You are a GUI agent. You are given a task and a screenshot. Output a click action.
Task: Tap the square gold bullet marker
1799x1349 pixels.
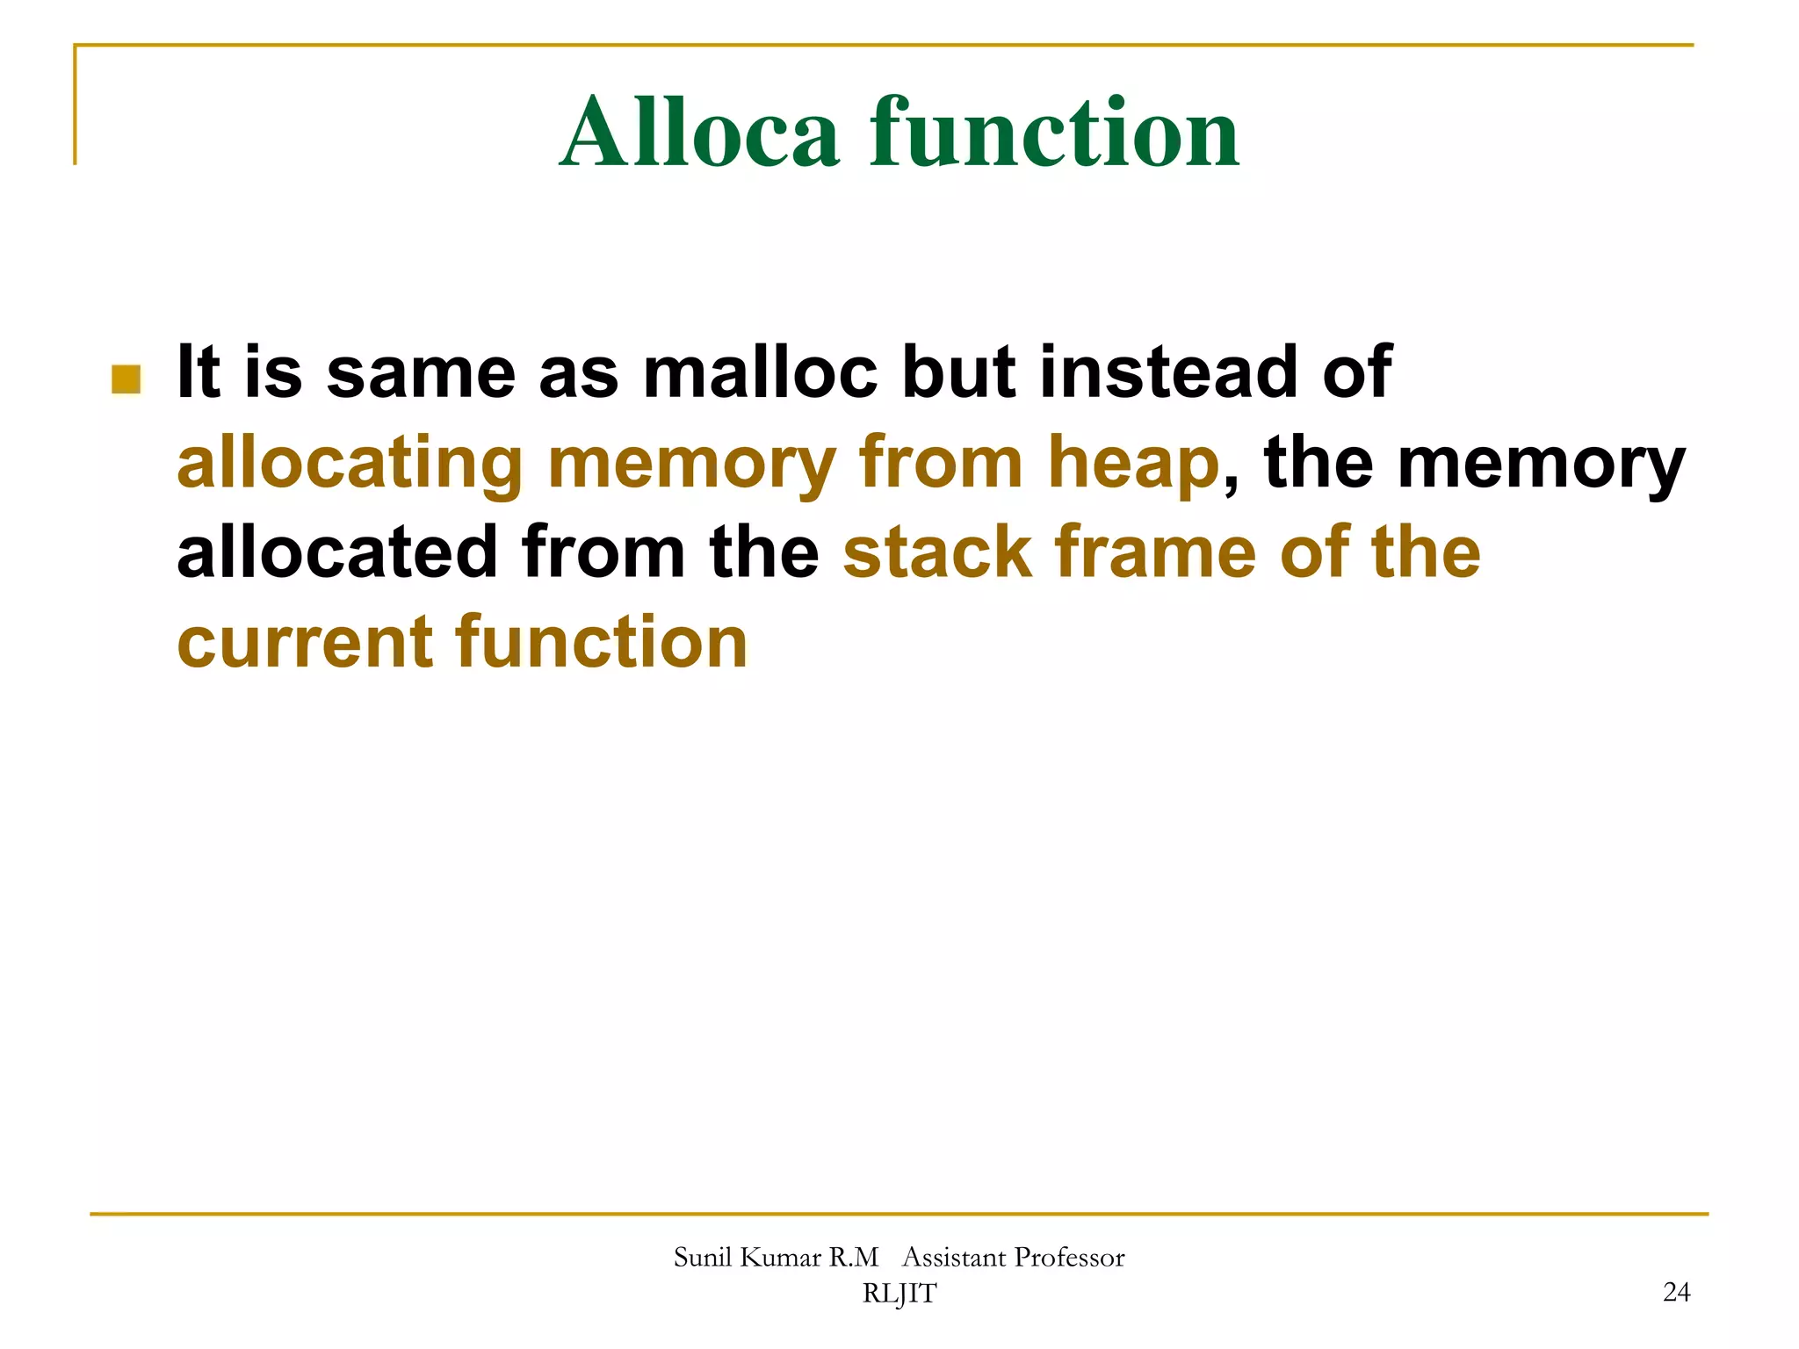(126, 379)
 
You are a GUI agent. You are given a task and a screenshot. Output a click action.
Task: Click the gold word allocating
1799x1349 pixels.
(350, 464)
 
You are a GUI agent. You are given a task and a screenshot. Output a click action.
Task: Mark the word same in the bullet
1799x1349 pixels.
(421, 372)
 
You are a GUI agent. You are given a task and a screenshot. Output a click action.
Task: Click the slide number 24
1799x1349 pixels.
(1676, 1292)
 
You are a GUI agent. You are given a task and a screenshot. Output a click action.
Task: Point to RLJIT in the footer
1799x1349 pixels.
(899, 1293)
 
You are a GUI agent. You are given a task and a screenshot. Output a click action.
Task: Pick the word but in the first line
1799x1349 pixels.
(958, 372)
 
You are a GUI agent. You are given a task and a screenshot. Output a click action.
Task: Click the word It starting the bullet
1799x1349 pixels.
(198, 372)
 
